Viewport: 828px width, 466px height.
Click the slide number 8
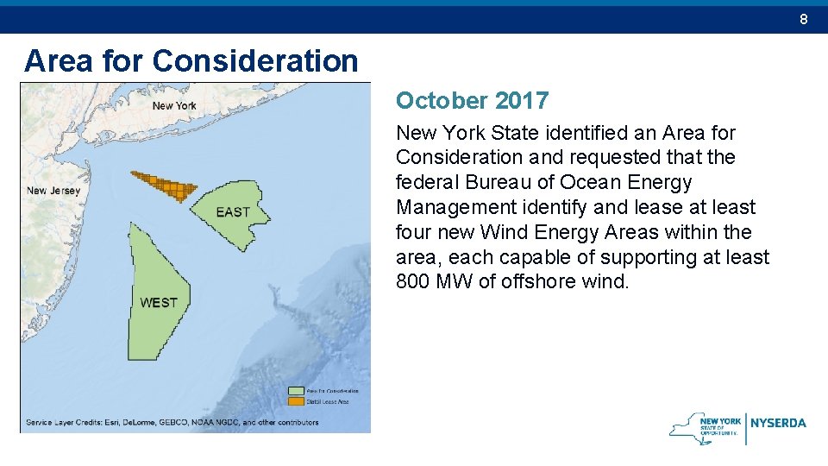(x=803, y=19)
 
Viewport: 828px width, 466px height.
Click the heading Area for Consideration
(x=191, y=60)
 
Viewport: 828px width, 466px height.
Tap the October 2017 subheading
(x=472, y=101)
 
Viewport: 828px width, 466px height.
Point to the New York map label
(x=174, y=106)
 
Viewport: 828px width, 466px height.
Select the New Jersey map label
(x=53, y=191)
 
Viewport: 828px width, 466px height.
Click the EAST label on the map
(x=233, y=212)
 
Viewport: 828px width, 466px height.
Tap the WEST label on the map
(x=158, y=302)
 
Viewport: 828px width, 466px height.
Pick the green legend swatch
(x=295, y=391)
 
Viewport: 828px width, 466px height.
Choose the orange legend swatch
(x=295, y=400)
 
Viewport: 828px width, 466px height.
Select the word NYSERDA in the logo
(x=779, y=423)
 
